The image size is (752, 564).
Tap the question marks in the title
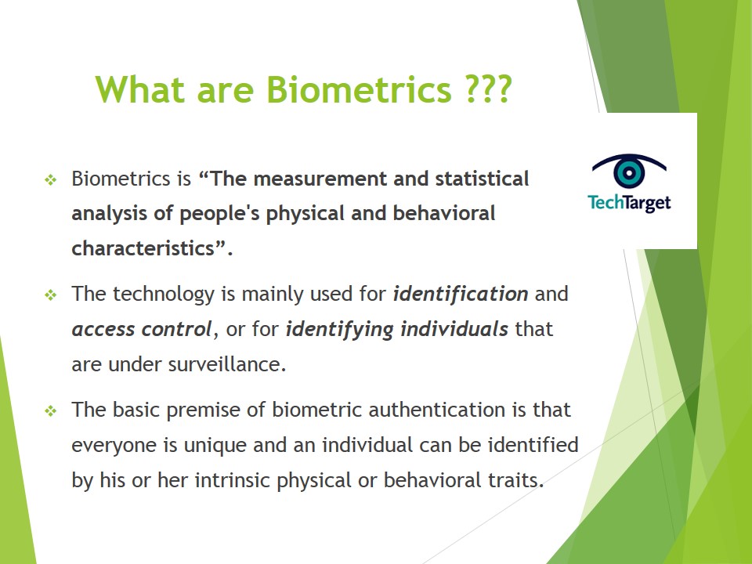pos(485,89)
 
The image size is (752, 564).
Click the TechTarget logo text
pos(629,203)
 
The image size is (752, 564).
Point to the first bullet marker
pos(51,180)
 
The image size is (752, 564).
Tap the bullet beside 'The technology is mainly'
pos(51,296)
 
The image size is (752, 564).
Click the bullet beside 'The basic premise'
pos(51,411)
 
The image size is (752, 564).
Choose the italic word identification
pos(460,295)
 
